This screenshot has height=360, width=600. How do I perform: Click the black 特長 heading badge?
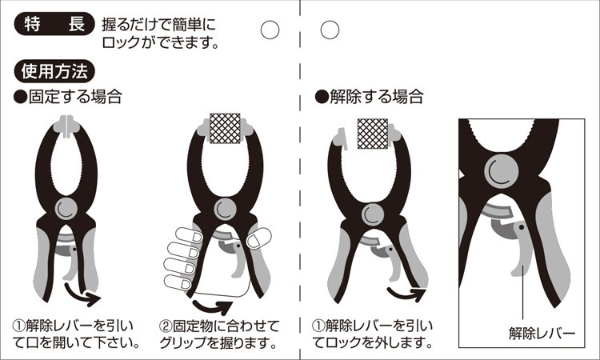coord(54,24)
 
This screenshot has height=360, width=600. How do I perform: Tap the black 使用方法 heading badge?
coord(54,71)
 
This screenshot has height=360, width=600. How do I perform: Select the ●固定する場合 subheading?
coord(68,97)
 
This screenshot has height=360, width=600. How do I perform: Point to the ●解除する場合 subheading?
coord(369,97)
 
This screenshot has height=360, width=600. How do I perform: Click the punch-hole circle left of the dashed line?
coord(270,30)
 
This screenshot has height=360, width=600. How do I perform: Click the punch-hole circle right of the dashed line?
coord(330,30)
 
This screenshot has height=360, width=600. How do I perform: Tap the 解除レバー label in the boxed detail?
coord(542,334)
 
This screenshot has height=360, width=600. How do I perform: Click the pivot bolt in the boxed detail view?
coord(502,171)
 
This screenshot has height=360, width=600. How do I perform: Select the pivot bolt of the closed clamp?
coord(66,209)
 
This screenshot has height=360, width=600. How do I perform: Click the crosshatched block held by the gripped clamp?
coord(225,128)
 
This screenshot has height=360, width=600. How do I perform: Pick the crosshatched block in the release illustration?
coord(373,134)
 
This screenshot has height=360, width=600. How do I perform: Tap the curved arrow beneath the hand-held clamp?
coord(212,306)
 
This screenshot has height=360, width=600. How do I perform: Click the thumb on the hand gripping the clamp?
coord(258,238)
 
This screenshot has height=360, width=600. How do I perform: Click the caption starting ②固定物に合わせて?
coord(219,334)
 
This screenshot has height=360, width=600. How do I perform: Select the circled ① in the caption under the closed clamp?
coord(19,326)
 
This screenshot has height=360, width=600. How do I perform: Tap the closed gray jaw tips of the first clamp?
coord(66,126)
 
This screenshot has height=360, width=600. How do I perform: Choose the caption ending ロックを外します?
coord(372,334)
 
